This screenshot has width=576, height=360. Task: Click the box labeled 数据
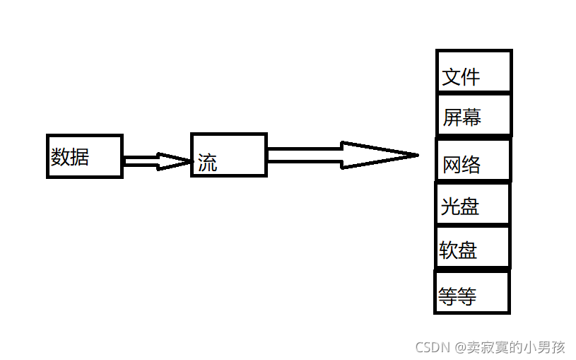[x=85, y=156]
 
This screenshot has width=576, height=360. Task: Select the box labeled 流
[x=229, y=154]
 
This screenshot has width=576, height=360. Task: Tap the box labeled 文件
[x=474, y=71]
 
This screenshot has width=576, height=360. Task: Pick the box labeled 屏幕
[x=474, y=114]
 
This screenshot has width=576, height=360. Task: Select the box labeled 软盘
[x=472, y=247]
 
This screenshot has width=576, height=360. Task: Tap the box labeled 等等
[x=472, y=291]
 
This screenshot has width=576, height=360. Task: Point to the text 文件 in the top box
[x=461, y=77]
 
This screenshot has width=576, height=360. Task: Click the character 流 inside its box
[x=208, y=163]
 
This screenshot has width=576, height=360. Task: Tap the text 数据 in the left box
[x=70, y=156]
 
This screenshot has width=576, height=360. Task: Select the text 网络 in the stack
[x=462, y=165]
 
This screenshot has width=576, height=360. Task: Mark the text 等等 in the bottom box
[x=457, y=296]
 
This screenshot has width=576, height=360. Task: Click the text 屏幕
[x=462, y=117]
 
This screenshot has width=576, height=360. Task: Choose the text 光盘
[x=460, y=207]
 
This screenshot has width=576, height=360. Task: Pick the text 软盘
[x=458, y=250]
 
